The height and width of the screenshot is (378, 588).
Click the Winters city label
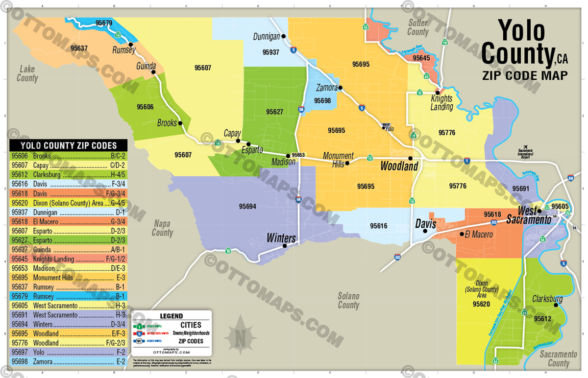(x=281, y=238)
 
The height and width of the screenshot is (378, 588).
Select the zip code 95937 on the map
(x=270, y=52)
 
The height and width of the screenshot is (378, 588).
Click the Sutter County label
(x=417, y=27)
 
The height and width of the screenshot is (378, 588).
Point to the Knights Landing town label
(x=441, y=103)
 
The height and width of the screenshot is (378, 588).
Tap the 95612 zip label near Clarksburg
(x=542, y=319)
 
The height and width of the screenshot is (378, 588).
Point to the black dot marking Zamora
(x=340, y=88)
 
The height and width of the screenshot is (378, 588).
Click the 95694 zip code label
(x=247, y=206)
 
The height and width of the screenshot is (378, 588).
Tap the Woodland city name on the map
(x=399, y=166)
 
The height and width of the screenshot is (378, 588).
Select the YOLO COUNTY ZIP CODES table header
(x=69, y=145)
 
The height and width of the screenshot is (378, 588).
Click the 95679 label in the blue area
(x=104, y=23)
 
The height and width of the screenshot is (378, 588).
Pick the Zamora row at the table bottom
(x=69, y=361)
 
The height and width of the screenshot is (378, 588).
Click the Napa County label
(x=162, y=228)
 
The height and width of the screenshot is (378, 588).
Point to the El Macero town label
(x=479, y=235)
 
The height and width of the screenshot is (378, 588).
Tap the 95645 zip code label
(x=421, y=58)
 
